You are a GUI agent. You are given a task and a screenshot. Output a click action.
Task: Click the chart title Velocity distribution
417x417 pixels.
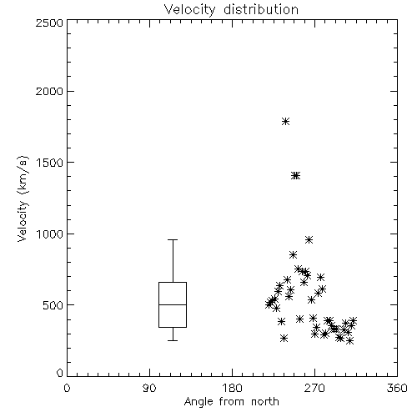231,10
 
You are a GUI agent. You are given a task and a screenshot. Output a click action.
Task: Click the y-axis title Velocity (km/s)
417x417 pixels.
23,198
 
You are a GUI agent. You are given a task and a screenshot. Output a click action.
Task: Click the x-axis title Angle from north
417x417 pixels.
231,402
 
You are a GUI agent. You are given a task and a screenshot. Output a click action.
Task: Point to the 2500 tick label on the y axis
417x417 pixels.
49,23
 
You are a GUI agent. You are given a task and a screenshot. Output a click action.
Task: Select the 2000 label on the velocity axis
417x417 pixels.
49,91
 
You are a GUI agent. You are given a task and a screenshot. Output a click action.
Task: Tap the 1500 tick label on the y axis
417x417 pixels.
50,163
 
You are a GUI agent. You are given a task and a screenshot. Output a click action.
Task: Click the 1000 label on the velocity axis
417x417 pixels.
50,234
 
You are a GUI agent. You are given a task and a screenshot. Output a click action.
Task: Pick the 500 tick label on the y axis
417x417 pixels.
53,305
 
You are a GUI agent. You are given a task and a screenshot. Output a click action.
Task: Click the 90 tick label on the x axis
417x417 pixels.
149,388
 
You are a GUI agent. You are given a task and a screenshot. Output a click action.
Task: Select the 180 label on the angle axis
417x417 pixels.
232,388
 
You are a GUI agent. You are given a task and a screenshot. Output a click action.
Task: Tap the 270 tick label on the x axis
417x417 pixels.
314,388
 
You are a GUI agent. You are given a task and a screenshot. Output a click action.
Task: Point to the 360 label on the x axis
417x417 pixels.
397,388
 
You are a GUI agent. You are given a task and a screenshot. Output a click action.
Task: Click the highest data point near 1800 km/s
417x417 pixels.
285,122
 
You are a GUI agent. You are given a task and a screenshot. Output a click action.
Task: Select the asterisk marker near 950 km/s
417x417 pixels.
309,240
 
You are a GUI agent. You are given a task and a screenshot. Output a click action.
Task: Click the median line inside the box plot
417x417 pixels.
173,304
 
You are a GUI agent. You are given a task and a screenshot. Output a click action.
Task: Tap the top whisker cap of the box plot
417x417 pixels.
173,239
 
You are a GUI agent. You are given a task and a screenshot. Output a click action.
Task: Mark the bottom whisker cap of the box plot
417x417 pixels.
173,340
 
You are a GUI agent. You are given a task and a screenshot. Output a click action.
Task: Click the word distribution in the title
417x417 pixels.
261,10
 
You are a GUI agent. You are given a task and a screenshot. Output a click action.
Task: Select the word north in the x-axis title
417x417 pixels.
265,402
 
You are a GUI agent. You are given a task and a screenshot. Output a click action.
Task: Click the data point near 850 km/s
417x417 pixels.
293,255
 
